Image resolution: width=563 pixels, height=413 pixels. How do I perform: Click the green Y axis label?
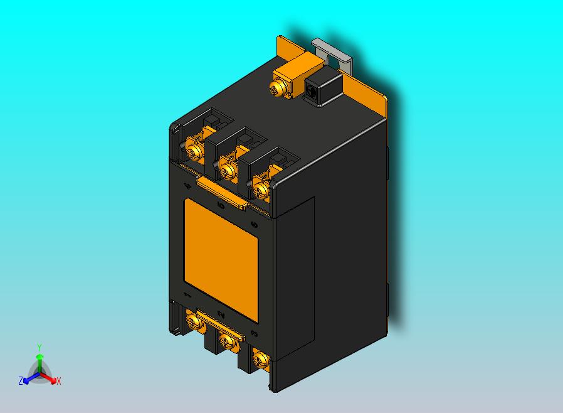click(x=39, y=347)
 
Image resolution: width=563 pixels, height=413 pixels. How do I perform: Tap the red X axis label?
click(x=58, y=381)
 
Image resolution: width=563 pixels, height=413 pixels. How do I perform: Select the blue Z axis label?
click(x=21, y=381)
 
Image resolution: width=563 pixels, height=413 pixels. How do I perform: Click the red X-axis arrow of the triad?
click(x=50, y=378)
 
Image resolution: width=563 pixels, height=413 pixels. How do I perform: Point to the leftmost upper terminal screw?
click(x=194, y=151)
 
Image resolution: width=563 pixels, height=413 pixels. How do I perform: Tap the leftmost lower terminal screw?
click(x=194, y=323)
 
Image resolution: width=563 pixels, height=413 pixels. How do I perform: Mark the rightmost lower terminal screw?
click(x=260, y=360)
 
